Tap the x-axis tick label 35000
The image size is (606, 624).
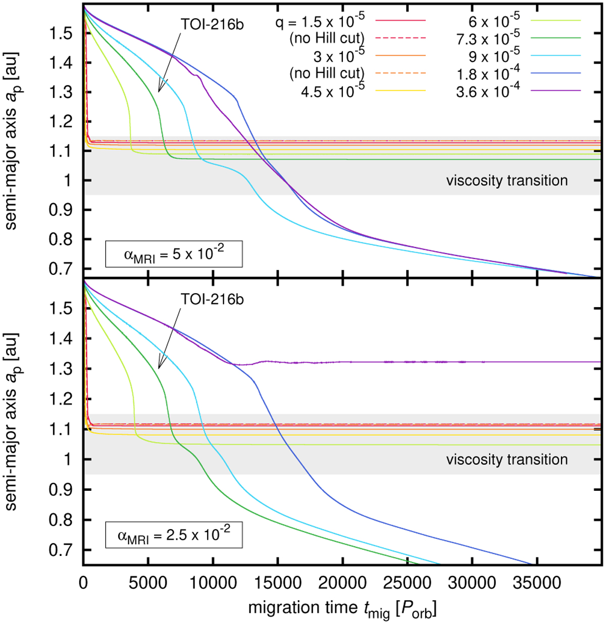click(x=537, y=583)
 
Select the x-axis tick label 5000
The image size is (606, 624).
click(x=147, y=583)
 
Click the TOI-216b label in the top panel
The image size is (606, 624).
click(x=212, y=24)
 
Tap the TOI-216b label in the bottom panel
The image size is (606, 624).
click(x=212, y=299)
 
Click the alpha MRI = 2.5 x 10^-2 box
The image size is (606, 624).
click(x=174, y=534)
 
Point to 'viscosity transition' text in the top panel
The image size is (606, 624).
click(x=507, y=181)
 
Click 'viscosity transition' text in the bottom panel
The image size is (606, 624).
click(x=507, y=460)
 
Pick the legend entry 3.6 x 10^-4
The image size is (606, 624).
click(x=488, y=91)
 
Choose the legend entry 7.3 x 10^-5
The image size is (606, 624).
click(x=488, y=38)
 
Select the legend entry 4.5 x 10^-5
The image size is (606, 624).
click(x=333, y=91)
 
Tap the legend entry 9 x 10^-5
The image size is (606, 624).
click(x=488, y=55)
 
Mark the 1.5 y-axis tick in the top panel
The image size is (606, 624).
click(x=64, y=34)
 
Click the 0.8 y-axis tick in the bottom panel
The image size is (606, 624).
click(x=64, y=520)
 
